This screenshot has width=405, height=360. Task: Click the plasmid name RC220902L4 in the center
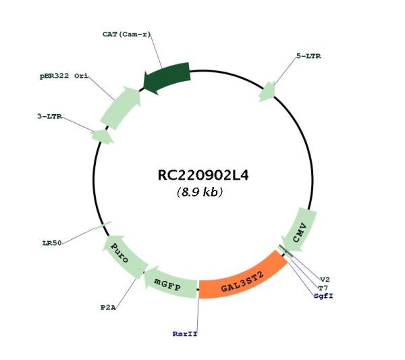point(203,176)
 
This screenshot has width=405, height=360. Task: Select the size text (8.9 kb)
point(200,192)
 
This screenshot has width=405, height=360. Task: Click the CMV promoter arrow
point(300,229)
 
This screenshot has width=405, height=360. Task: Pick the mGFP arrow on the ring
point(169,283)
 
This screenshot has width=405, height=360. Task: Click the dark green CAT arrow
point(167,78)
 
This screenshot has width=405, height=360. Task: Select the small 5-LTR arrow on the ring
point(267,92)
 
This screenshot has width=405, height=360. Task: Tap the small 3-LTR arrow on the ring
point(103,136)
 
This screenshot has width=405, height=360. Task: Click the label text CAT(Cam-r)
point(126,34)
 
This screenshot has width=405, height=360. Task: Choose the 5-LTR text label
point(308,56)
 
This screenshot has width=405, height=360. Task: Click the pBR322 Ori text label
point(64,76)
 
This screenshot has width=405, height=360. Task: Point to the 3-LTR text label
point(49,117)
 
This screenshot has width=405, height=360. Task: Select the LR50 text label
point(52,243)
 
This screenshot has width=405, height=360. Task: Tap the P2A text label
point(108,308)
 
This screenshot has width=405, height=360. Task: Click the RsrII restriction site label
point(185,334)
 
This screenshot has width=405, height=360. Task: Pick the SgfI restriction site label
point(323,296)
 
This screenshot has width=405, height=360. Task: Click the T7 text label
point(323,288)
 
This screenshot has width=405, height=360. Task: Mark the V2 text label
point(325,280)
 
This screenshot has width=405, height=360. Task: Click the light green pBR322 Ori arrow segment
point(120,108)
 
